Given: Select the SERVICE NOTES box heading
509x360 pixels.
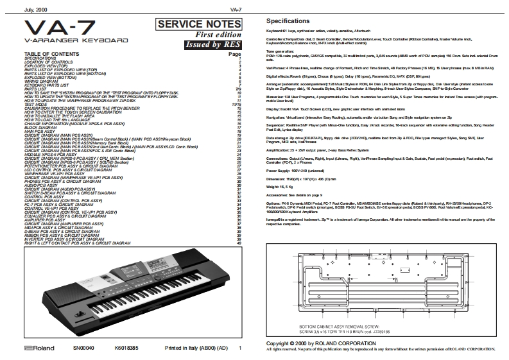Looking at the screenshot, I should coord(191,24).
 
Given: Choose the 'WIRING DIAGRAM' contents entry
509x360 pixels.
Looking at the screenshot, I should coord(40,81).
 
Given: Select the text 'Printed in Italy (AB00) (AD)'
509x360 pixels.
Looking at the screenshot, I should coord(196,348).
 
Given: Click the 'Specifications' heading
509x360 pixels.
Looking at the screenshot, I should coord(293,22).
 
